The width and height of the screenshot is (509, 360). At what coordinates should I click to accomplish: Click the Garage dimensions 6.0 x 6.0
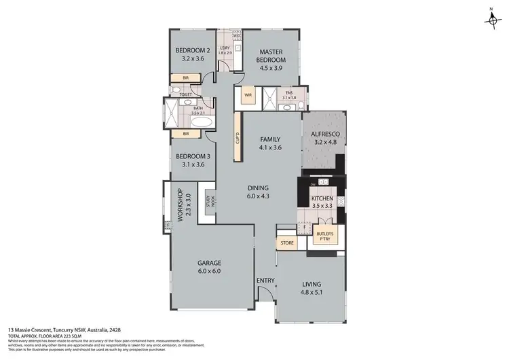pos(209,271)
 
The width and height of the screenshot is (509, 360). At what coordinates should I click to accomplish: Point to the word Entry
pos(265,281)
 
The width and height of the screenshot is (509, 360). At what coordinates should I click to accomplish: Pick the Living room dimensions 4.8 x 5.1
pos(312,293)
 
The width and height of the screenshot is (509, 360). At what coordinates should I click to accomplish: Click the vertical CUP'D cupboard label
pos(238,139)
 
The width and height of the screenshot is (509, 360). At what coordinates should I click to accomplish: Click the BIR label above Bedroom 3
pos(185,134)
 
